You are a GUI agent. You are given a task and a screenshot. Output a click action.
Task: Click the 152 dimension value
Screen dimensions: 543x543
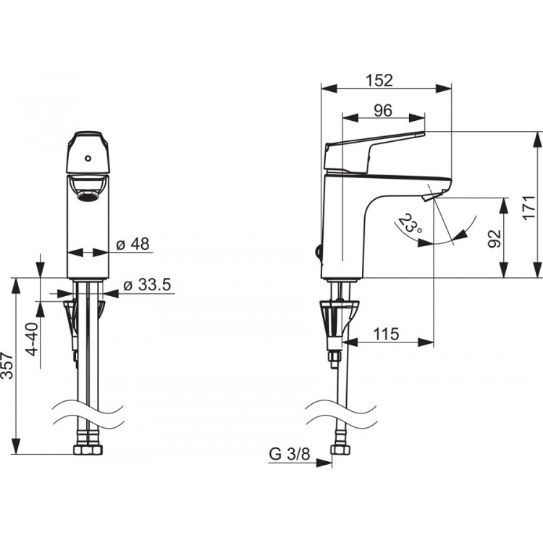379,80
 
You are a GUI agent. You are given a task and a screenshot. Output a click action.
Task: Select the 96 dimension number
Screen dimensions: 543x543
383,111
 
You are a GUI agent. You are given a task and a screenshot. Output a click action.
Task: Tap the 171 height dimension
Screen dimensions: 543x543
529,208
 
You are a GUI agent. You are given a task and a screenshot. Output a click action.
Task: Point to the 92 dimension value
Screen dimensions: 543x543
494,239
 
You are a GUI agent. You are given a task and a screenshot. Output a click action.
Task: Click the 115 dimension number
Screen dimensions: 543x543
386,334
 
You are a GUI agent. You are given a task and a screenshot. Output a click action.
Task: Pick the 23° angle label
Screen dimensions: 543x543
410,224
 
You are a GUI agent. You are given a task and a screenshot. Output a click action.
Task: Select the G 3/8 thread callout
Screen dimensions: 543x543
290,454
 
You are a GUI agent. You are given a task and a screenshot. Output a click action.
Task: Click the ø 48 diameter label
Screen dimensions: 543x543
132,244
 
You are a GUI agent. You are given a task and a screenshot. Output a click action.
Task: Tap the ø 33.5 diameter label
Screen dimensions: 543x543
147,285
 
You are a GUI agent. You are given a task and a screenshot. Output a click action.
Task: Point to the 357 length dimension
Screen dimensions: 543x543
7,366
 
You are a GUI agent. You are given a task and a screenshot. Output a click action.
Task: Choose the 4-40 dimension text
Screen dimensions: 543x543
33,339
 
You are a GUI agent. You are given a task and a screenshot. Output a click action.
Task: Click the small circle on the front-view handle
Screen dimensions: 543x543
88,159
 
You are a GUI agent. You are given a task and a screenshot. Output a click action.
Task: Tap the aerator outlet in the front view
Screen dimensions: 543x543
88,197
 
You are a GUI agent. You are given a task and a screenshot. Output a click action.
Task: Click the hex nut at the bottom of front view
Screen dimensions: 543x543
88,450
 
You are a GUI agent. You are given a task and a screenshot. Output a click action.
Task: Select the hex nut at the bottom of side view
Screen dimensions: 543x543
340,450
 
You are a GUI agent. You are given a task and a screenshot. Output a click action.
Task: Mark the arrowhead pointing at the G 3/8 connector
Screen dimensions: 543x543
324,463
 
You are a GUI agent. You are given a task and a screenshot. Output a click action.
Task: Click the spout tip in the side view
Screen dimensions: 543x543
430,197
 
